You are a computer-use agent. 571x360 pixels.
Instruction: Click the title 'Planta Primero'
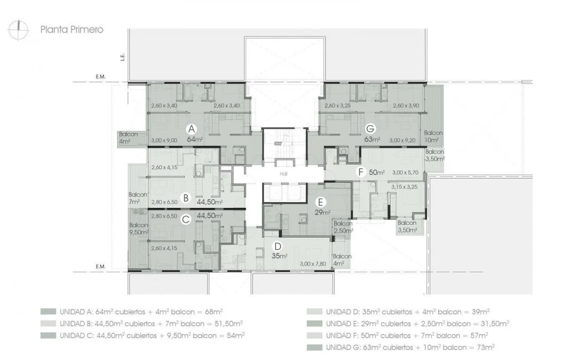click(x=72, y=29)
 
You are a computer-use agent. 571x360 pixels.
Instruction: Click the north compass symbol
click(x=19, y=30)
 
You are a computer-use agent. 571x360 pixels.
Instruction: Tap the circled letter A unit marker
click(x=191, y=129)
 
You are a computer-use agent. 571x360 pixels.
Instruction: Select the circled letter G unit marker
click(x=370, y=128)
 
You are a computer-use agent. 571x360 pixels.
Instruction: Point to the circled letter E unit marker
click(x=320, y=202)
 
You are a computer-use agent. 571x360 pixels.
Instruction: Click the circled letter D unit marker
click(x=277, y=246)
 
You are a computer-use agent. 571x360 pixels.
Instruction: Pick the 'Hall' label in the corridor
click(x=284, y=174)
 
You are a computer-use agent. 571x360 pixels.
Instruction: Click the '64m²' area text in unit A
click(x=195, y=139)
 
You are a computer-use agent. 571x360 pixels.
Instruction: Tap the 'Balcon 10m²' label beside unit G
click(x=433, y=136)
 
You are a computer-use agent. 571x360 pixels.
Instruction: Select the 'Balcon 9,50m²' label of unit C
click(x=139, y=229)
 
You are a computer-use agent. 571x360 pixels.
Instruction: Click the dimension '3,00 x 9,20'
click(x=402, y=140)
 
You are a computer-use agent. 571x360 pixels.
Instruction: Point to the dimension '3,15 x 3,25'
click(x=404, y=187)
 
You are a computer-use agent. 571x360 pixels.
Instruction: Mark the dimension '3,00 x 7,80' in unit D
click(x=313, y=263)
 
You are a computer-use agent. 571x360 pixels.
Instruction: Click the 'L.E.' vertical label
click(x=123, y=57)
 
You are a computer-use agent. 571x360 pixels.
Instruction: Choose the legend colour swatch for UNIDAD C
click(x=48, y=335)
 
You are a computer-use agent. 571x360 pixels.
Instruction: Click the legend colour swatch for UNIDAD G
click(x=315, y=347)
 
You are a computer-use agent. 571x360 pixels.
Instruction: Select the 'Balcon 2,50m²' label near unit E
click(x=344, y=227)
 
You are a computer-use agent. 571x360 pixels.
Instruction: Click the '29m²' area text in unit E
click(x=323, y=212)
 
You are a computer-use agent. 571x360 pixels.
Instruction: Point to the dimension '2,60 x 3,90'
click(x=406, y=106)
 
